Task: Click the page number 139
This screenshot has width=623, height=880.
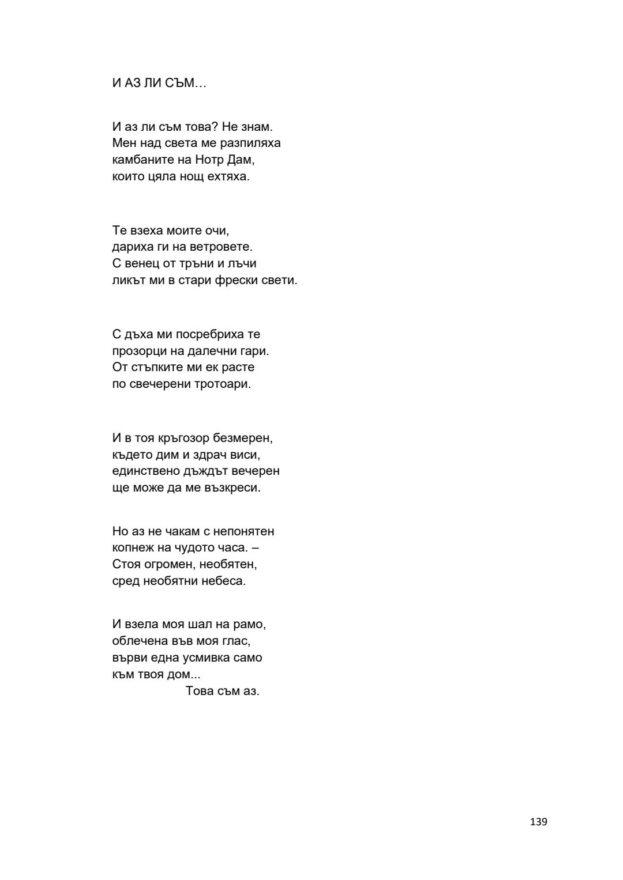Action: [x=538, y=822]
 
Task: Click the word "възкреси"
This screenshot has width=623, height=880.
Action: [x=233, y=488]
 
